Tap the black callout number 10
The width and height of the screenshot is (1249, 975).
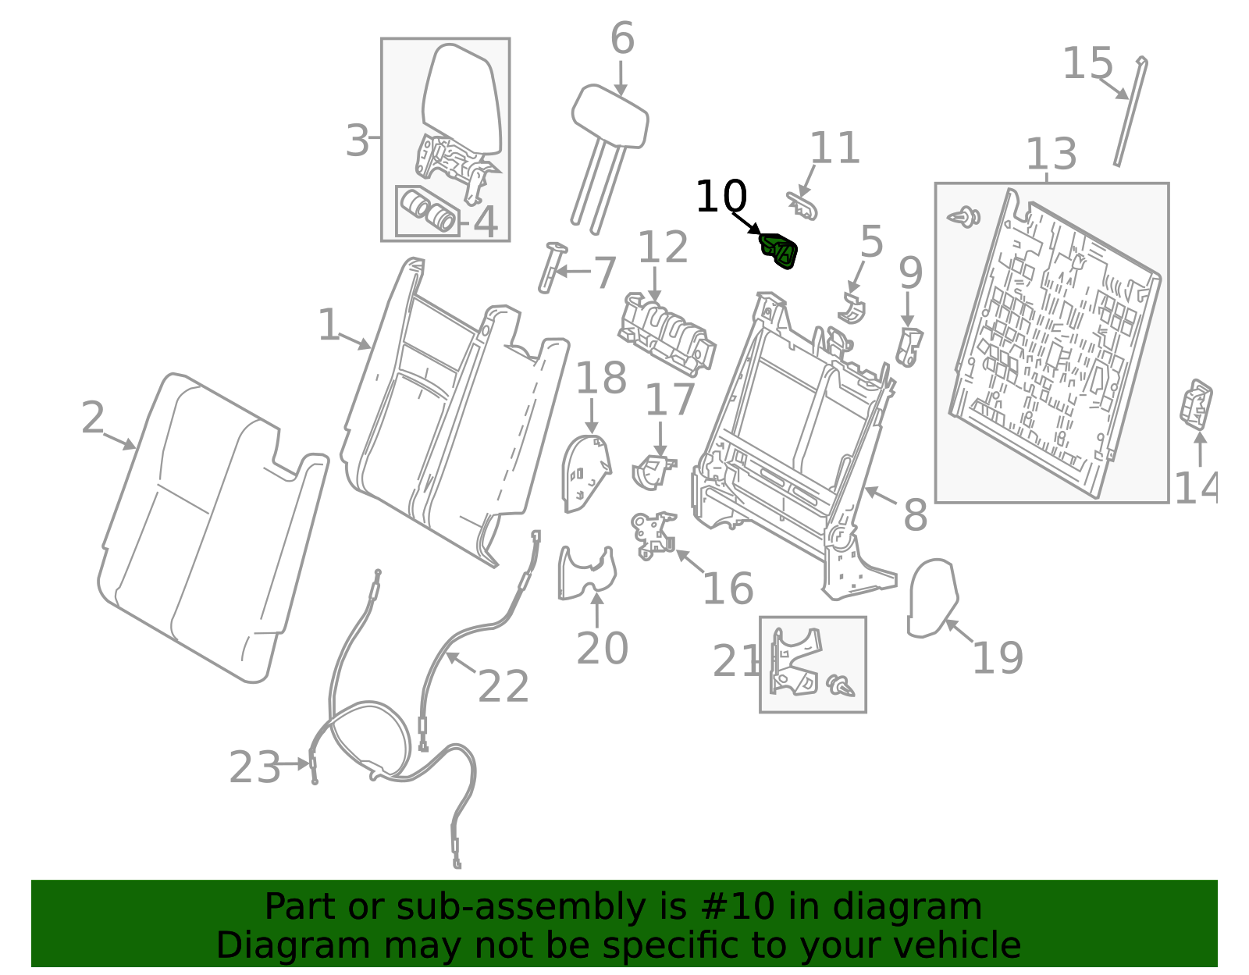pyautogui.click(x=721, y=197)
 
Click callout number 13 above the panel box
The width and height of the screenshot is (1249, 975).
pyautogui.click(x=1051, y=154)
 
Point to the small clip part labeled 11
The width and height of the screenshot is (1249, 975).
pyautogui.click(x=802, y=205)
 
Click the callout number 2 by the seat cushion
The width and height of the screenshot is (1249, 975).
pyautogui.click(x=92, y=418)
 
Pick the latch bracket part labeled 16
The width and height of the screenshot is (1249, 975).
pyautogui.click(x=654, y=535)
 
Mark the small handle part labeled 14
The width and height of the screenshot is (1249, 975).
pyautogui.click(x=1196, y=404)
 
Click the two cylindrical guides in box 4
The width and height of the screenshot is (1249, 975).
pyautogui.click(x=429, y=211)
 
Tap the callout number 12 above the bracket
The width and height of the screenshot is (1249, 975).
pyautogui.click(x=663, y=247)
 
